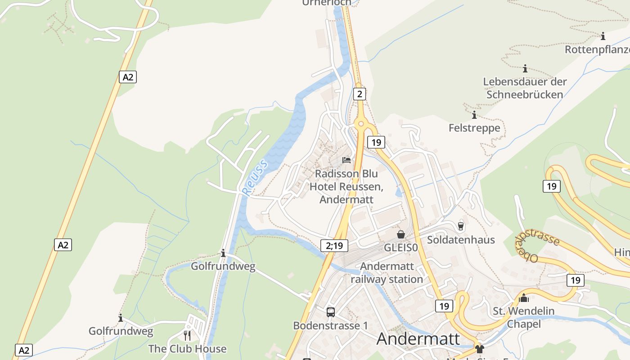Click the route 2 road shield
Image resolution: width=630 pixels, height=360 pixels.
coord(359,94)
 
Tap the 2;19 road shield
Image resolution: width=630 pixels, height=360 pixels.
coord(334,245)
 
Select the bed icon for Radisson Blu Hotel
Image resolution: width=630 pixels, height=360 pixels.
coord(346,160)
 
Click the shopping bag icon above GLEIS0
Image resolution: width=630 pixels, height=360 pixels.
coord(400,234)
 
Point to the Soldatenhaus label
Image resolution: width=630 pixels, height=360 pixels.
coord(461,240)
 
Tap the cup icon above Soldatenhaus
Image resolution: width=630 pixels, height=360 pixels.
coord(460,226)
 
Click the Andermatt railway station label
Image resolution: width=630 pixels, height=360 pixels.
coord(387,273)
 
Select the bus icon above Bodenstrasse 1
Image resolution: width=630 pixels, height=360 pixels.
coord(331,312)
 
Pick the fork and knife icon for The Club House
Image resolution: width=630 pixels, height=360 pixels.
coord(187,335)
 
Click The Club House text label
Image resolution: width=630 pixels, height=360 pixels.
coord(187,349)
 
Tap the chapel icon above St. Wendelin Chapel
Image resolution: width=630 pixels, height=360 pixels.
coord(524,297)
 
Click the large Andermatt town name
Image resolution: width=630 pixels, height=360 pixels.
coord(418,339)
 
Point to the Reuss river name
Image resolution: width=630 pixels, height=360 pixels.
coord(255,177)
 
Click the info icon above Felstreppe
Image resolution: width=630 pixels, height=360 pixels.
coord(474,115)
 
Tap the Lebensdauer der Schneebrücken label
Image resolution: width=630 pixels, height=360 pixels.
coord(525,88)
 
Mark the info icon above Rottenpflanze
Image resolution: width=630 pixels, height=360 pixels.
coord(603,36)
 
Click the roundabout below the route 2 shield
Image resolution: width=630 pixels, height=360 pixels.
coord(360,123)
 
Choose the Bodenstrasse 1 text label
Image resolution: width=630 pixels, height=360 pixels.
coord(327,325)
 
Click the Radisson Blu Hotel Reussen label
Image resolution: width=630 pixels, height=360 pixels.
coord(346,186)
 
